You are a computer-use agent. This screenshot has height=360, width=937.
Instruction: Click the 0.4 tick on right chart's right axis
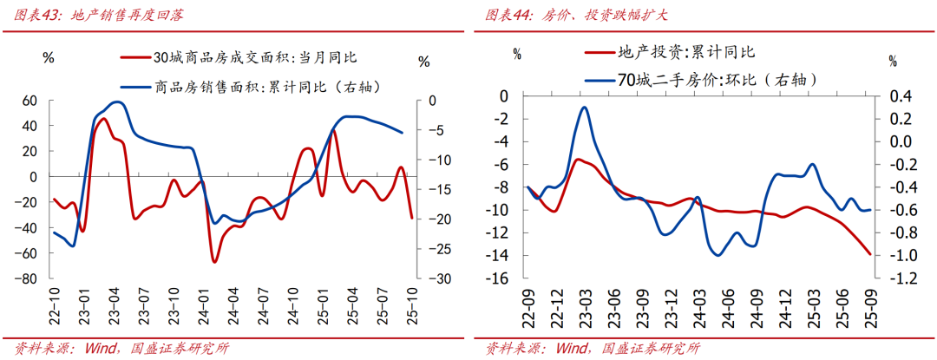click(894, 95)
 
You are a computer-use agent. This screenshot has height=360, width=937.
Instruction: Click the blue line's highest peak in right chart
click(584, 108)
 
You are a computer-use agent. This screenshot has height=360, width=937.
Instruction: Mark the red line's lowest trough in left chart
click(213, 261)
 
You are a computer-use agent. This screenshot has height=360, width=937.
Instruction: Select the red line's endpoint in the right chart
click(870, 254)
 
